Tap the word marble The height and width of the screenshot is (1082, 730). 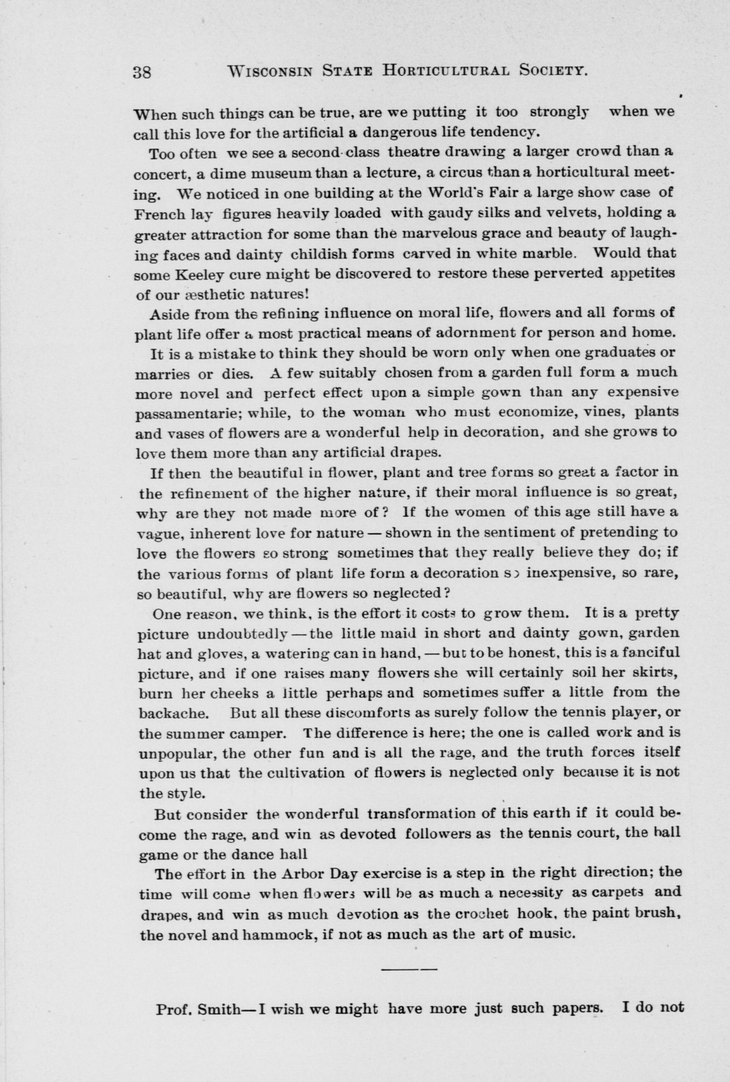click(x=550, y=254)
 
